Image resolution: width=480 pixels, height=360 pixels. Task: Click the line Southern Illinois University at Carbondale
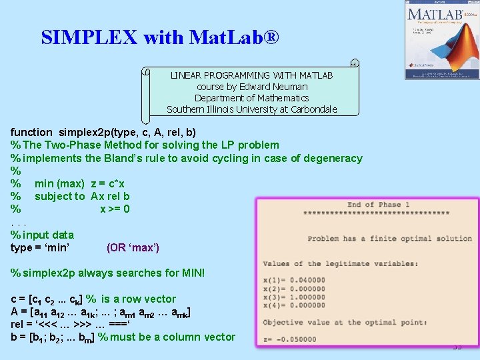252,109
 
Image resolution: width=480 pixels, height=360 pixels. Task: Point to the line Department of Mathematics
252,98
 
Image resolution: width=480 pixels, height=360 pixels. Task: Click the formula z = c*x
108,183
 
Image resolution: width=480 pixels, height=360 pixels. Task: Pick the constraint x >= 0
115,209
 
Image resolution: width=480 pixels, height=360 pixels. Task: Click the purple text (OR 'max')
133,247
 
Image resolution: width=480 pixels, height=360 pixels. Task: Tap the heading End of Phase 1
378,205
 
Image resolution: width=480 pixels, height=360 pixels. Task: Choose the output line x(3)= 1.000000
293,297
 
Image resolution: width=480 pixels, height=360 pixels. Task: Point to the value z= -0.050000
291,339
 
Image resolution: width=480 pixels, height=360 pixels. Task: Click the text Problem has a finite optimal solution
389,239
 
